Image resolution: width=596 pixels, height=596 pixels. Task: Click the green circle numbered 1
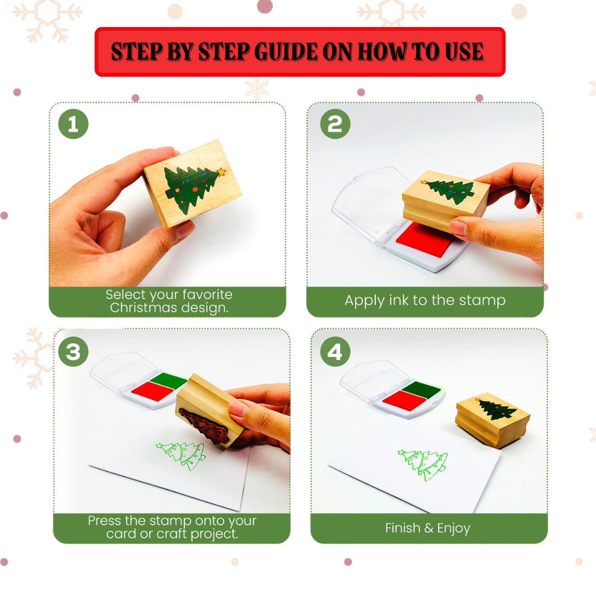[73, 124]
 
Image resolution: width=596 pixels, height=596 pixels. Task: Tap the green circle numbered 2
[335, 124]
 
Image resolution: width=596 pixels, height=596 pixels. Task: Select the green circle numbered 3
[73, 352]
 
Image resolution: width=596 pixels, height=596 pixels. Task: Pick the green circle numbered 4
[335, 352]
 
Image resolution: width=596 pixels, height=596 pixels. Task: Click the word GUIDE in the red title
[281, 52]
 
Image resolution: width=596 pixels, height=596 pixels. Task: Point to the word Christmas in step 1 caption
[139, 308]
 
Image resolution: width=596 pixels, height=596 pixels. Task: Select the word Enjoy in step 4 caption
[454, 528]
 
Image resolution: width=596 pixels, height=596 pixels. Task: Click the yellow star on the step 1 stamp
[221, 172]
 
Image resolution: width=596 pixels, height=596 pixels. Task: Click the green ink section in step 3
[169, 380]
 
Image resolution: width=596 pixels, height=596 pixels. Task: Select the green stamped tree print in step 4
[423, 464]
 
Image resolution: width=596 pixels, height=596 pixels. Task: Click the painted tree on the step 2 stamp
[449, 190]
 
